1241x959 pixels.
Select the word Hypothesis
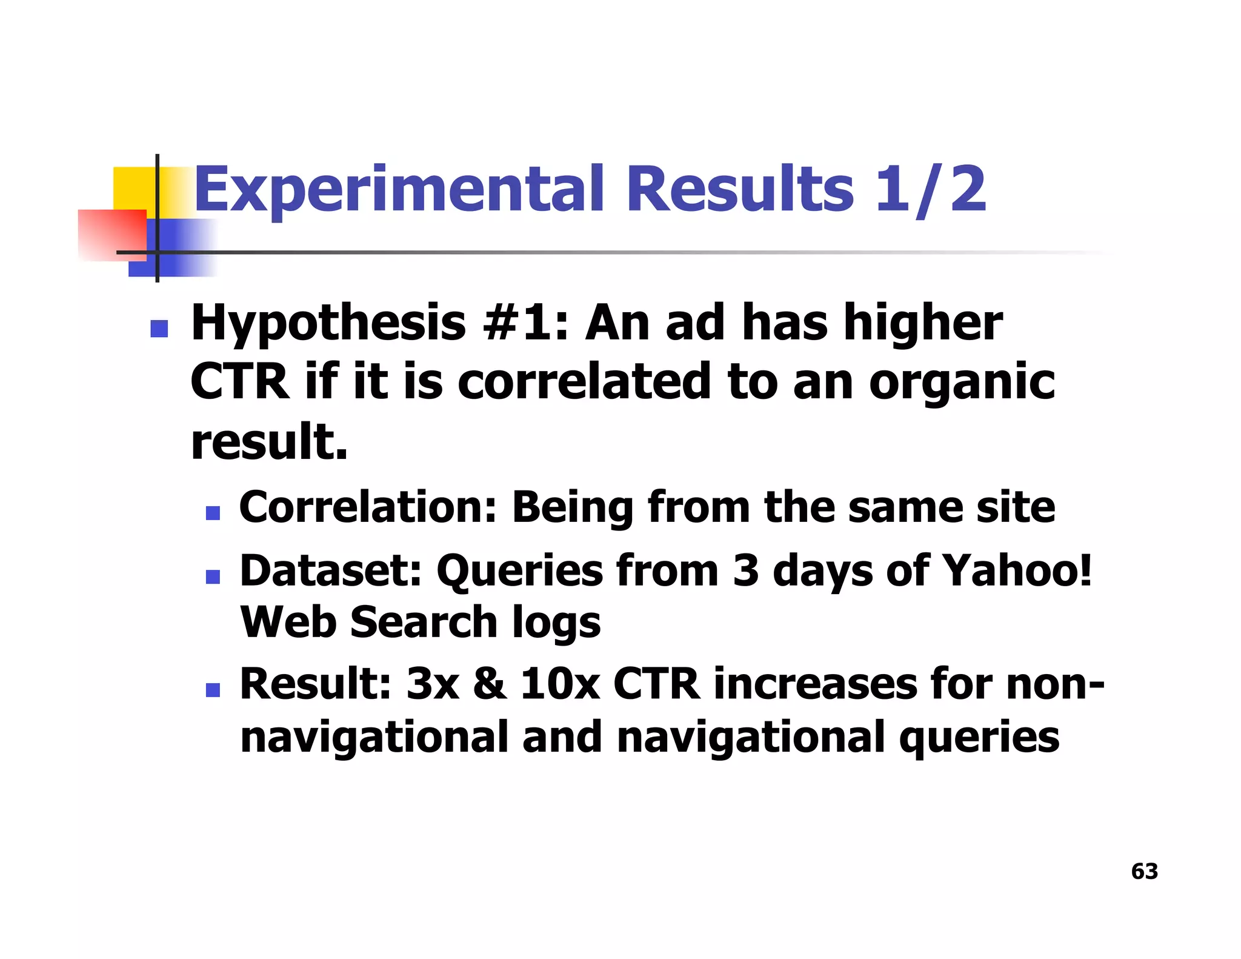pos(328,323)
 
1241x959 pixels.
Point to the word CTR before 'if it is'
pos(240,382)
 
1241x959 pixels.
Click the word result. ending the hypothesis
pos(269,441)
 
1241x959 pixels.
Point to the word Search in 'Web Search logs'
pos(424,622)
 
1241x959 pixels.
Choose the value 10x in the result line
pos(560,684)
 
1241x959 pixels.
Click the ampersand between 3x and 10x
pos(490,684)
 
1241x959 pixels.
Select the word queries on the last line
pos(979,737)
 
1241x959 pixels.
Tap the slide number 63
pos(1144,871)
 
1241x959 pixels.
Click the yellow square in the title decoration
pos(134,188)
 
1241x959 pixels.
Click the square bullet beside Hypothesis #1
pos(159,328)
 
